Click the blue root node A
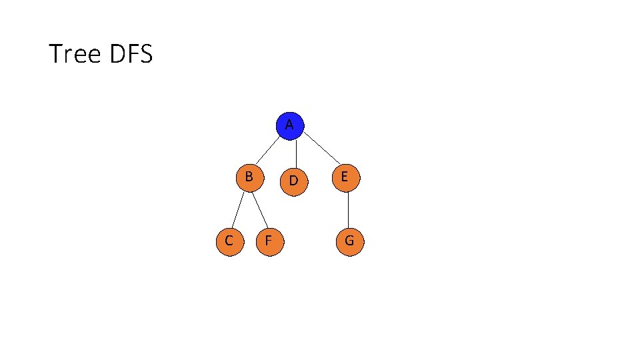click(x=289, y=125)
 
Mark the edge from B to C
click(x=239, y=209)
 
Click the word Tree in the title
click(x=73, y=54)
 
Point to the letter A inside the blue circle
click(x=289, y=125)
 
